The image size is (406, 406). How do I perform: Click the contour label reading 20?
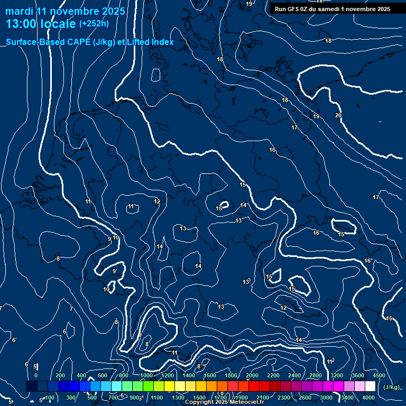338,115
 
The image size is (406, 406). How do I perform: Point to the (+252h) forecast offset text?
94,24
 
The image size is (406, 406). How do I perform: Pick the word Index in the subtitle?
161,42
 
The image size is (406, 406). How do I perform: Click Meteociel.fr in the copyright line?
245,402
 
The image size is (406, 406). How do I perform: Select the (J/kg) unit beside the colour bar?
391,387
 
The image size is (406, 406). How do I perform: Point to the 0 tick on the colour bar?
36,375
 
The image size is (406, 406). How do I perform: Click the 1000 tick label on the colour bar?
146,375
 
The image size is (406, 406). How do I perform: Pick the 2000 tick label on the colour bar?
252,375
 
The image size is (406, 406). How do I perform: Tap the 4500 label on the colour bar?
379,375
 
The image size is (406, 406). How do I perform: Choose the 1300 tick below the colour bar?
178,398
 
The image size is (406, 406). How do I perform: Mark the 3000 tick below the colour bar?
326,398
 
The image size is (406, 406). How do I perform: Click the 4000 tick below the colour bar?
368,398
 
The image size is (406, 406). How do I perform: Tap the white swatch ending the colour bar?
370,386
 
